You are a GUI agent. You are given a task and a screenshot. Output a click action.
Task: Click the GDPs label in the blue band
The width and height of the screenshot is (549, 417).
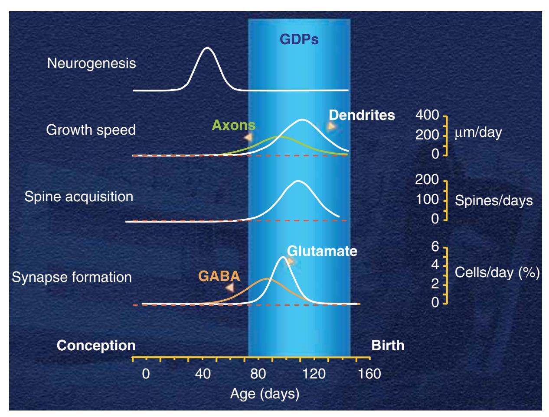coord(299,39)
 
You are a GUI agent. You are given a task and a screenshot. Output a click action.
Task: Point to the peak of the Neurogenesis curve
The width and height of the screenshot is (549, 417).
coord(207,48)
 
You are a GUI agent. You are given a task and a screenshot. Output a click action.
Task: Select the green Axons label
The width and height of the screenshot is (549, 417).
coord(233,125)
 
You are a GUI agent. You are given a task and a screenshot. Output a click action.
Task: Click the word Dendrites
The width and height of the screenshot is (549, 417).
coord(362,115)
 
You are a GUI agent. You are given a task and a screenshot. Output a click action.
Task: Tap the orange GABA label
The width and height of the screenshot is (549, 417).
coord(219,276)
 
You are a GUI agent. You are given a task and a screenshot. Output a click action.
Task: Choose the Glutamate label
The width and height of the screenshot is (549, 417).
coord(322,251)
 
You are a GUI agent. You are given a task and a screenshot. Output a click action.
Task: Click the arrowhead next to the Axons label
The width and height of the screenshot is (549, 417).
coord(248,137)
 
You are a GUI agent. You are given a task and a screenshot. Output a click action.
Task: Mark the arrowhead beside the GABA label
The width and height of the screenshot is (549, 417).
coord(229,288)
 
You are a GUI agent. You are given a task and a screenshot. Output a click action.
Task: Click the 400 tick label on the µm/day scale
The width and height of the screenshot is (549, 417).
coord(427,115)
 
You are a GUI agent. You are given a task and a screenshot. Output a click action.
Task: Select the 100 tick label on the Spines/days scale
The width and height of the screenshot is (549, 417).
coord(427,199)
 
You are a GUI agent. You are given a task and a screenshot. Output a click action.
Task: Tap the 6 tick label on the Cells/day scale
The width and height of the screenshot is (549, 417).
coord(435,246)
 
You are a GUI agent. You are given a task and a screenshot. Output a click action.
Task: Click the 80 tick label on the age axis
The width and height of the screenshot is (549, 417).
coord(258,374)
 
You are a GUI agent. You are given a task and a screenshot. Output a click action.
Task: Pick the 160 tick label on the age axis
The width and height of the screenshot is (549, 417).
coord(369,374)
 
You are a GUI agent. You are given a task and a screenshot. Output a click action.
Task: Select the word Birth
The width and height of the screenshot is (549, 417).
coord(388,346)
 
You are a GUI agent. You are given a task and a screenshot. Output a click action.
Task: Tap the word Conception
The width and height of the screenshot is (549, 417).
coord(96,346)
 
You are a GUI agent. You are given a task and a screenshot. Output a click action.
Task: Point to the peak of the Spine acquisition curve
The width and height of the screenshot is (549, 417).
coord(297,181)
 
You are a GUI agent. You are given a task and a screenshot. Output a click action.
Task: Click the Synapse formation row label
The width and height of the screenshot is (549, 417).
coord(72,277)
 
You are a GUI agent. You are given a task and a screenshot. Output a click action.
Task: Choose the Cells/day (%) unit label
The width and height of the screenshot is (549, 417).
coord(497,272)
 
